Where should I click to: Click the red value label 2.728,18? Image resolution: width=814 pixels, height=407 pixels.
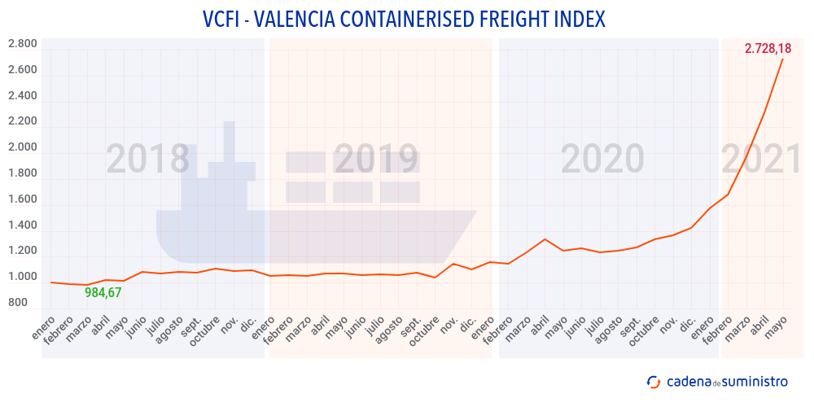768,49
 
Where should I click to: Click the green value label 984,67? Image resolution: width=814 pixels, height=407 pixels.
103,293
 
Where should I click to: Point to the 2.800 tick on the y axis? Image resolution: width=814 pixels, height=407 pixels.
23,44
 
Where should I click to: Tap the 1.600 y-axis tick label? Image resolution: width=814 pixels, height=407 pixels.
23,199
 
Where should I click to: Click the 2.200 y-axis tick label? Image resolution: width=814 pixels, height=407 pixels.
23,121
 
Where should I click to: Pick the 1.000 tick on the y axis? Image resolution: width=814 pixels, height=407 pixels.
23,277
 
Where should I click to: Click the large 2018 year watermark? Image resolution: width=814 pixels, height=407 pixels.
148,160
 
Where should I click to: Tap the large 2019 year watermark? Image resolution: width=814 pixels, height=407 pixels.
376,160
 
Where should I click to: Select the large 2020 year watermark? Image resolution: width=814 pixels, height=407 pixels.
602,160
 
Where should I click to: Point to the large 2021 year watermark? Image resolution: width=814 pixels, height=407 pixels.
762,160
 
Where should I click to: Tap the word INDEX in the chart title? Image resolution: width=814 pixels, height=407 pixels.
579,19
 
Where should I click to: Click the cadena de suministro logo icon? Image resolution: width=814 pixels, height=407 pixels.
653,382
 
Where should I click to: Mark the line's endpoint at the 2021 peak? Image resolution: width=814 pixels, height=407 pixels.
782,59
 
